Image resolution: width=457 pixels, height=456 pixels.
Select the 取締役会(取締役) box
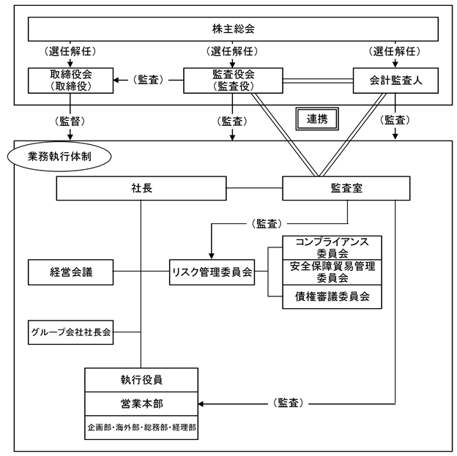point(71,81)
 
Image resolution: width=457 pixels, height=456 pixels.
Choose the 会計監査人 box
point(395,81)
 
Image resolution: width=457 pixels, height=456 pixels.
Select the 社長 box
point(141,189)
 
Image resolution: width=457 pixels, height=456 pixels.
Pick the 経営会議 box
point(71,273)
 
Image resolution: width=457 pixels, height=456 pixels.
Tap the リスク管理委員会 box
point(212,273)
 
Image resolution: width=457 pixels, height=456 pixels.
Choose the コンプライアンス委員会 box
point(332,247)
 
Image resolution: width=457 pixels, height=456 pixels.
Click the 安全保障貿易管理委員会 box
point(332,272)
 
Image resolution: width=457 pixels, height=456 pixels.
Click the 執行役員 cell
point(141,380)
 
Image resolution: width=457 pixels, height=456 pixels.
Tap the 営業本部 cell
point(141,403)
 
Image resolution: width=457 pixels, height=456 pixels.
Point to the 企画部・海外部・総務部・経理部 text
point(141,427)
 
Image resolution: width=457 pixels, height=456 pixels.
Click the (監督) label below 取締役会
point(71,119)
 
